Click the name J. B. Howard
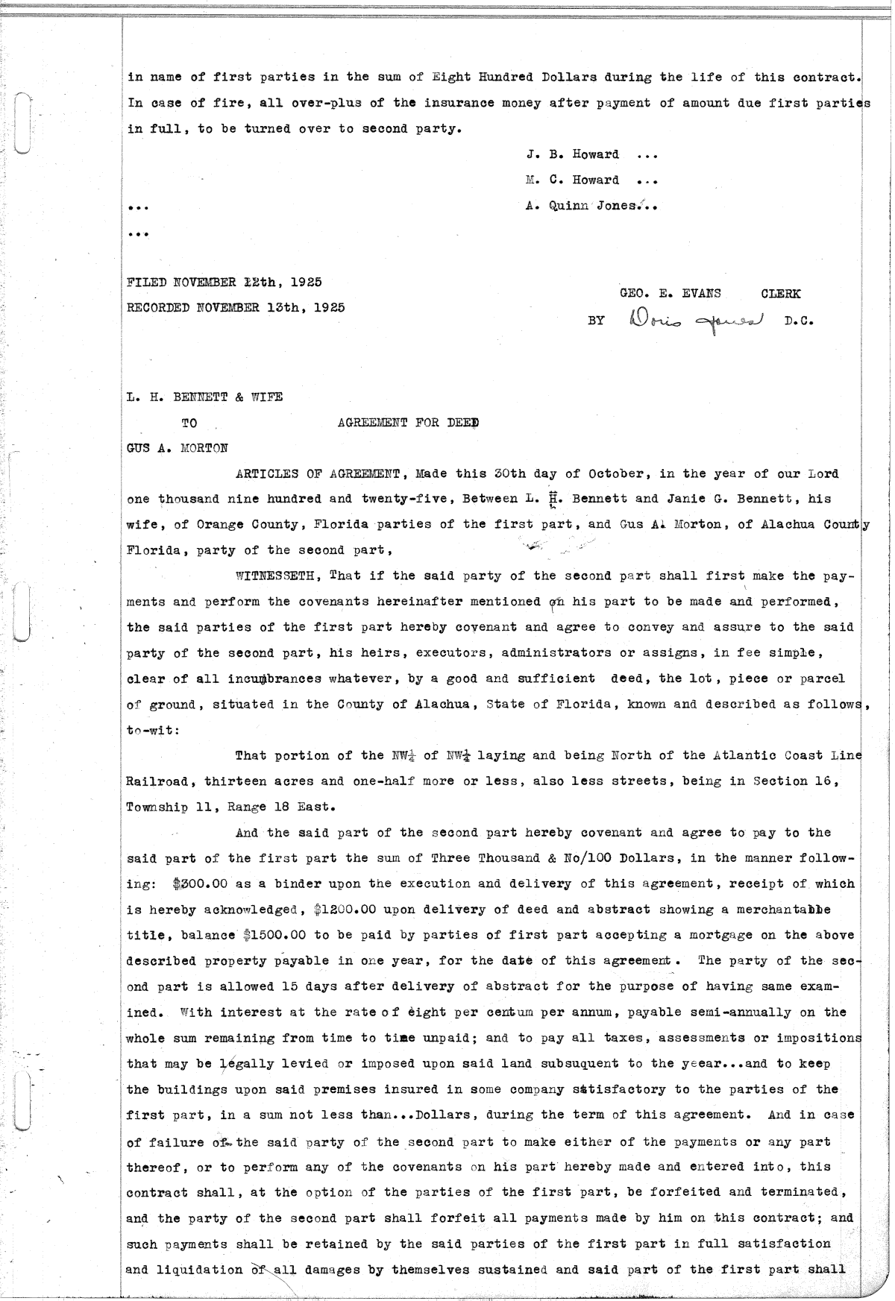pos(572,154)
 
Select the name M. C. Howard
pos(572,180)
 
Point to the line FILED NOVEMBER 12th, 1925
pos(224,282)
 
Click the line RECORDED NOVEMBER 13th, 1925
pos(236,306)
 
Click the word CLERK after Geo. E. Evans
pos(780,294)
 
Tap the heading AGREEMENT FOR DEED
pos(407,423)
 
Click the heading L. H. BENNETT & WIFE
pos(205,397)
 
